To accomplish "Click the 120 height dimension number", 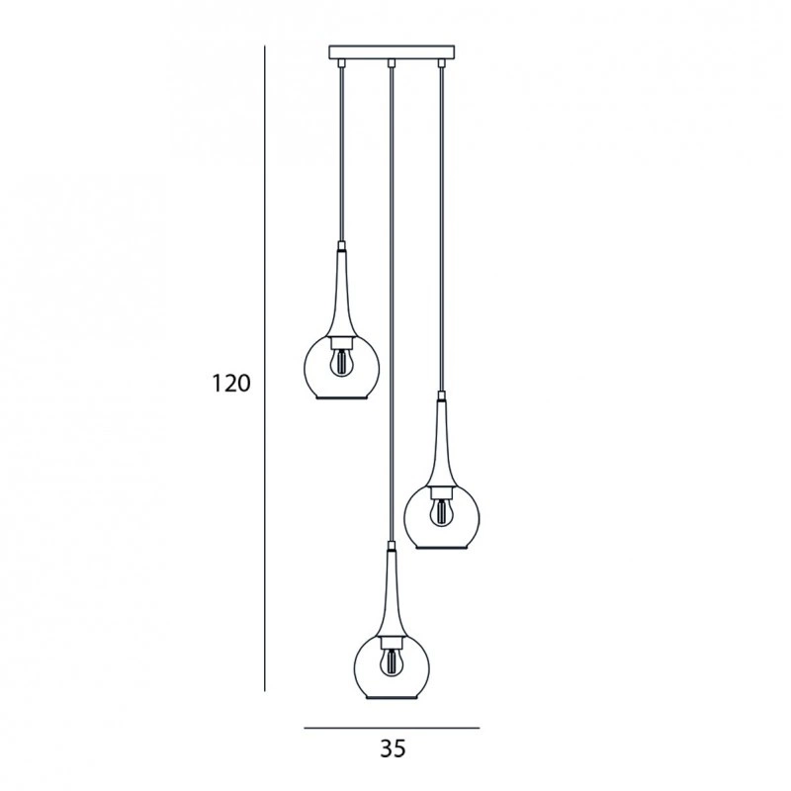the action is [230, 384].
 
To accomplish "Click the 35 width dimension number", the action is [393, 749].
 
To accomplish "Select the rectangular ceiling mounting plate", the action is [392, 52].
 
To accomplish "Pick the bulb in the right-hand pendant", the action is [441, 512].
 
